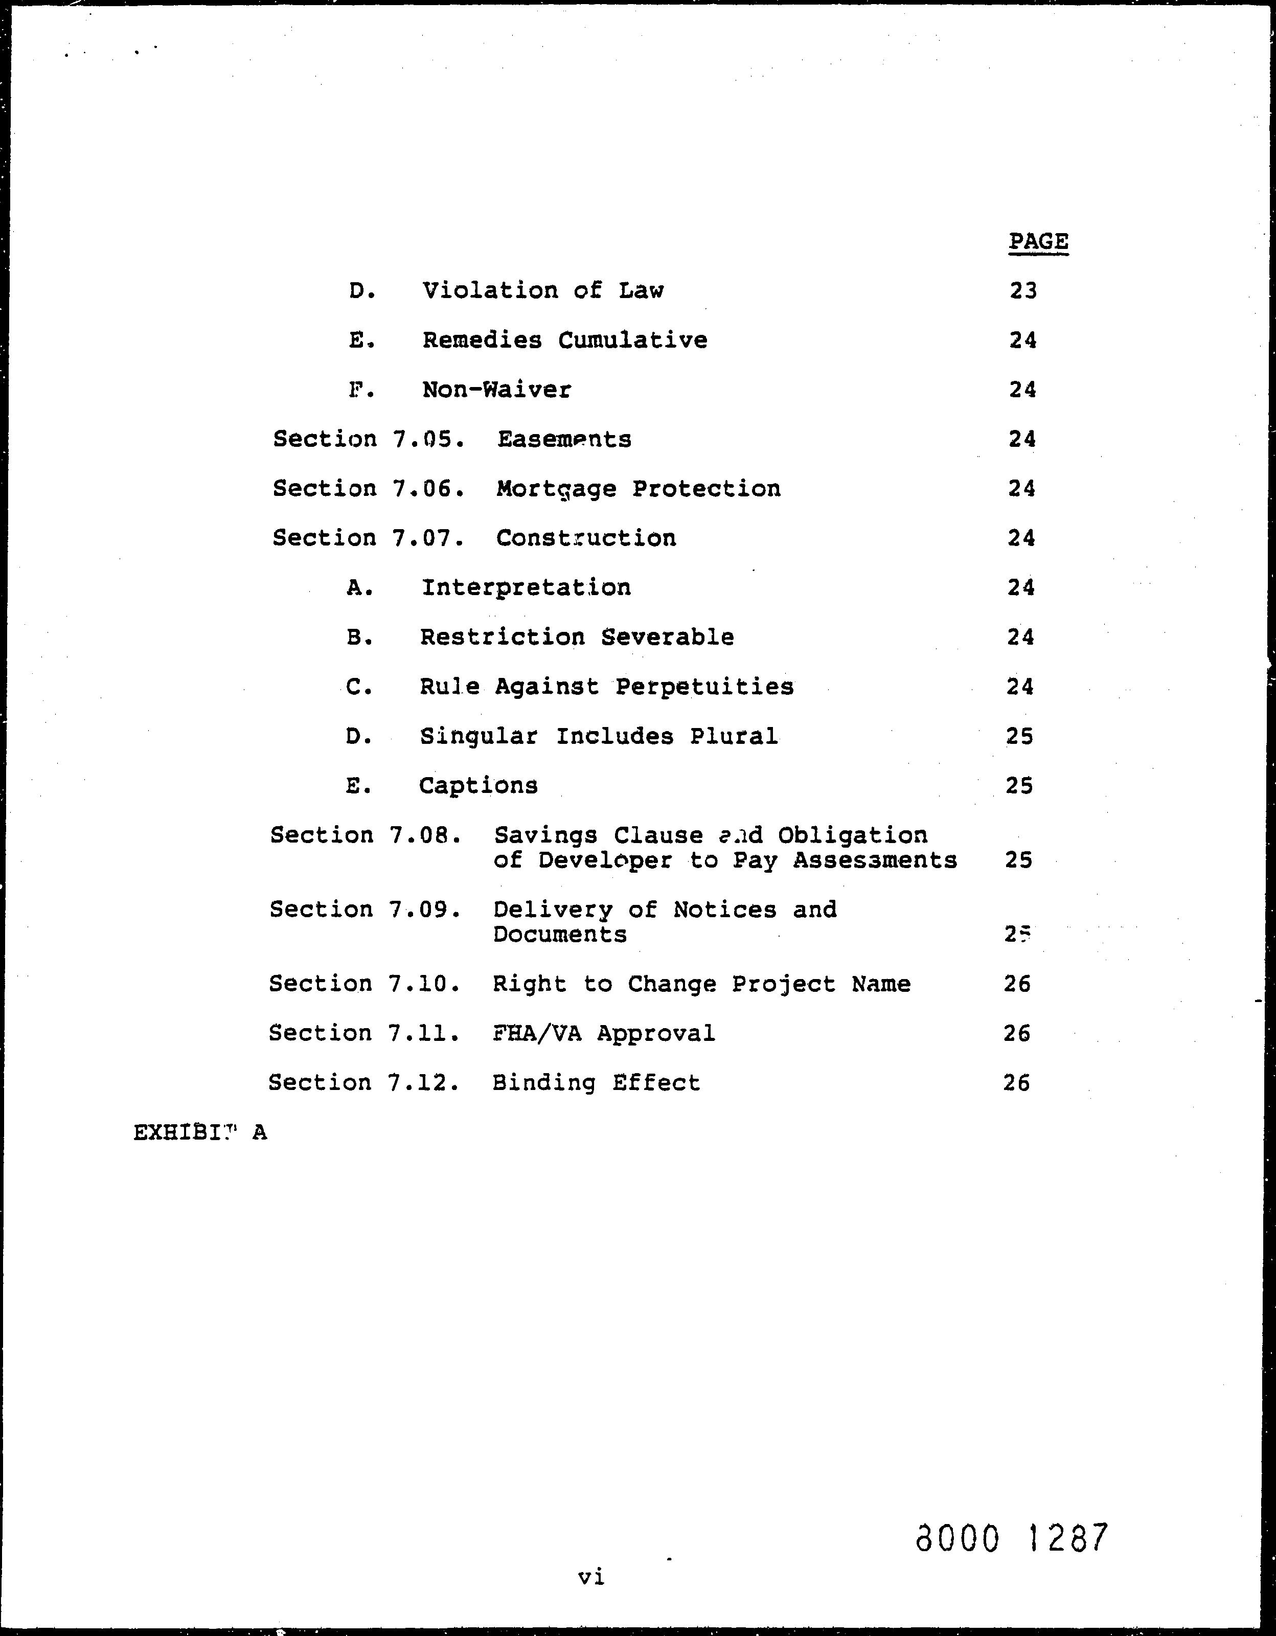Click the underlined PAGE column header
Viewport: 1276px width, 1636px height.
[1038, 242]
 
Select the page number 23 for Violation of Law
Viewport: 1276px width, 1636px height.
[1023, 290]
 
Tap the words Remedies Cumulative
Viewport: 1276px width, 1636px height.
[564, 340]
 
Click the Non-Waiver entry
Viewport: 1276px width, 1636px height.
[496, 390]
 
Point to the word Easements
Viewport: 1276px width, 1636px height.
[564, 439]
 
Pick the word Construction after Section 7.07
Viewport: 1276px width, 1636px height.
[585, 538]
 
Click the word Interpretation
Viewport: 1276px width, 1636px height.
[526, 587]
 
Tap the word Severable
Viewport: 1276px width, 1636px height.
[667, 637]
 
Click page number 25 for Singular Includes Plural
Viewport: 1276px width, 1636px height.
[1020, 736]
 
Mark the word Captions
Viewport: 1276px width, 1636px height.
[478, 786]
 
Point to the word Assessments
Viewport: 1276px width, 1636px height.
[875, 860]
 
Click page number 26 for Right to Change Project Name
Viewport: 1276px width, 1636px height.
[1017, 984]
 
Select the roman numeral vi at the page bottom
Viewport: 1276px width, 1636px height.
[591, 1577]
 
